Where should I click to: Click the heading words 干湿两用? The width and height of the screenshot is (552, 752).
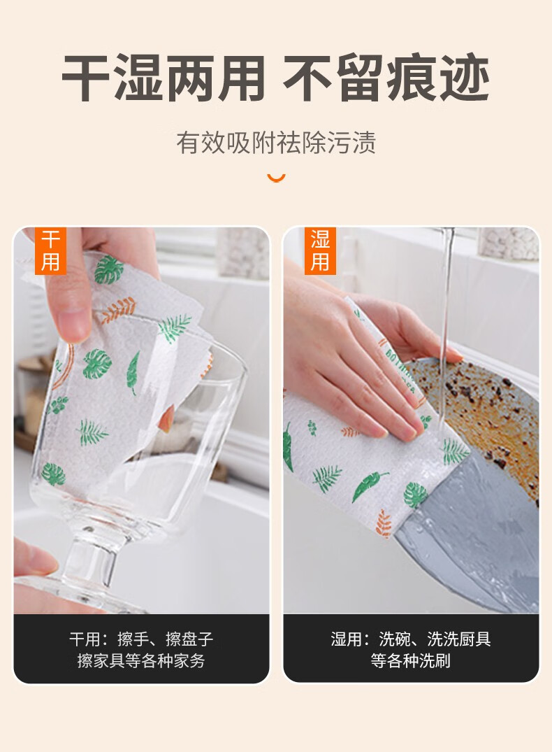coord(164,78)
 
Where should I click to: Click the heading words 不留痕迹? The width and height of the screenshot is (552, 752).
coord(386,78)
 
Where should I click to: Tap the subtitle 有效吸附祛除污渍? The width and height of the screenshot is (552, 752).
coord(275,143)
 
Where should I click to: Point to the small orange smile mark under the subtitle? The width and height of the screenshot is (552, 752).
coord(276,178)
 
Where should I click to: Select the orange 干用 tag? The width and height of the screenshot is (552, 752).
coord(50,251)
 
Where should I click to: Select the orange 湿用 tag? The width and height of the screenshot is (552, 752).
coord(320,251)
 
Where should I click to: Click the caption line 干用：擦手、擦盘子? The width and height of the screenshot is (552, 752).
coord(141,639)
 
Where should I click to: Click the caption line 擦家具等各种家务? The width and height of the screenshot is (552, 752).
coord(141,661)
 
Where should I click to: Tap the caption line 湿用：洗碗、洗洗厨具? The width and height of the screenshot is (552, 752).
coord(411,639)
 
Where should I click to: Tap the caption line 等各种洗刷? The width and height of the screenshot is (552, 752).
coord(411,661)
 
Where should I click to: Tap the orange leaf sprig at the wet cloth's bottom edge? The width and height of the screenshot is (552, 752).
coord(384,523)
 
